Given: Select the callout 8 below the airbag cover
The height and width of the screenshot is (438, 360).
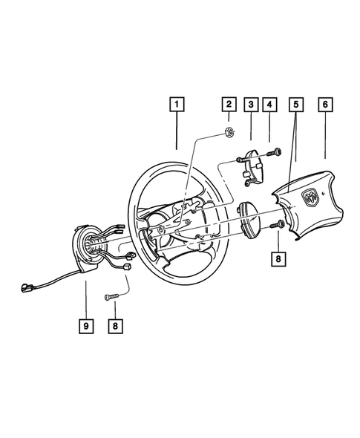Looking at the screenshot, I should tap(278, 259).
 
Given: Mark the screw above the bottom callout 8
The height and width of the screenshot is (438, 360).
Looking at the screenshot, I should tap(113, 297).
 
